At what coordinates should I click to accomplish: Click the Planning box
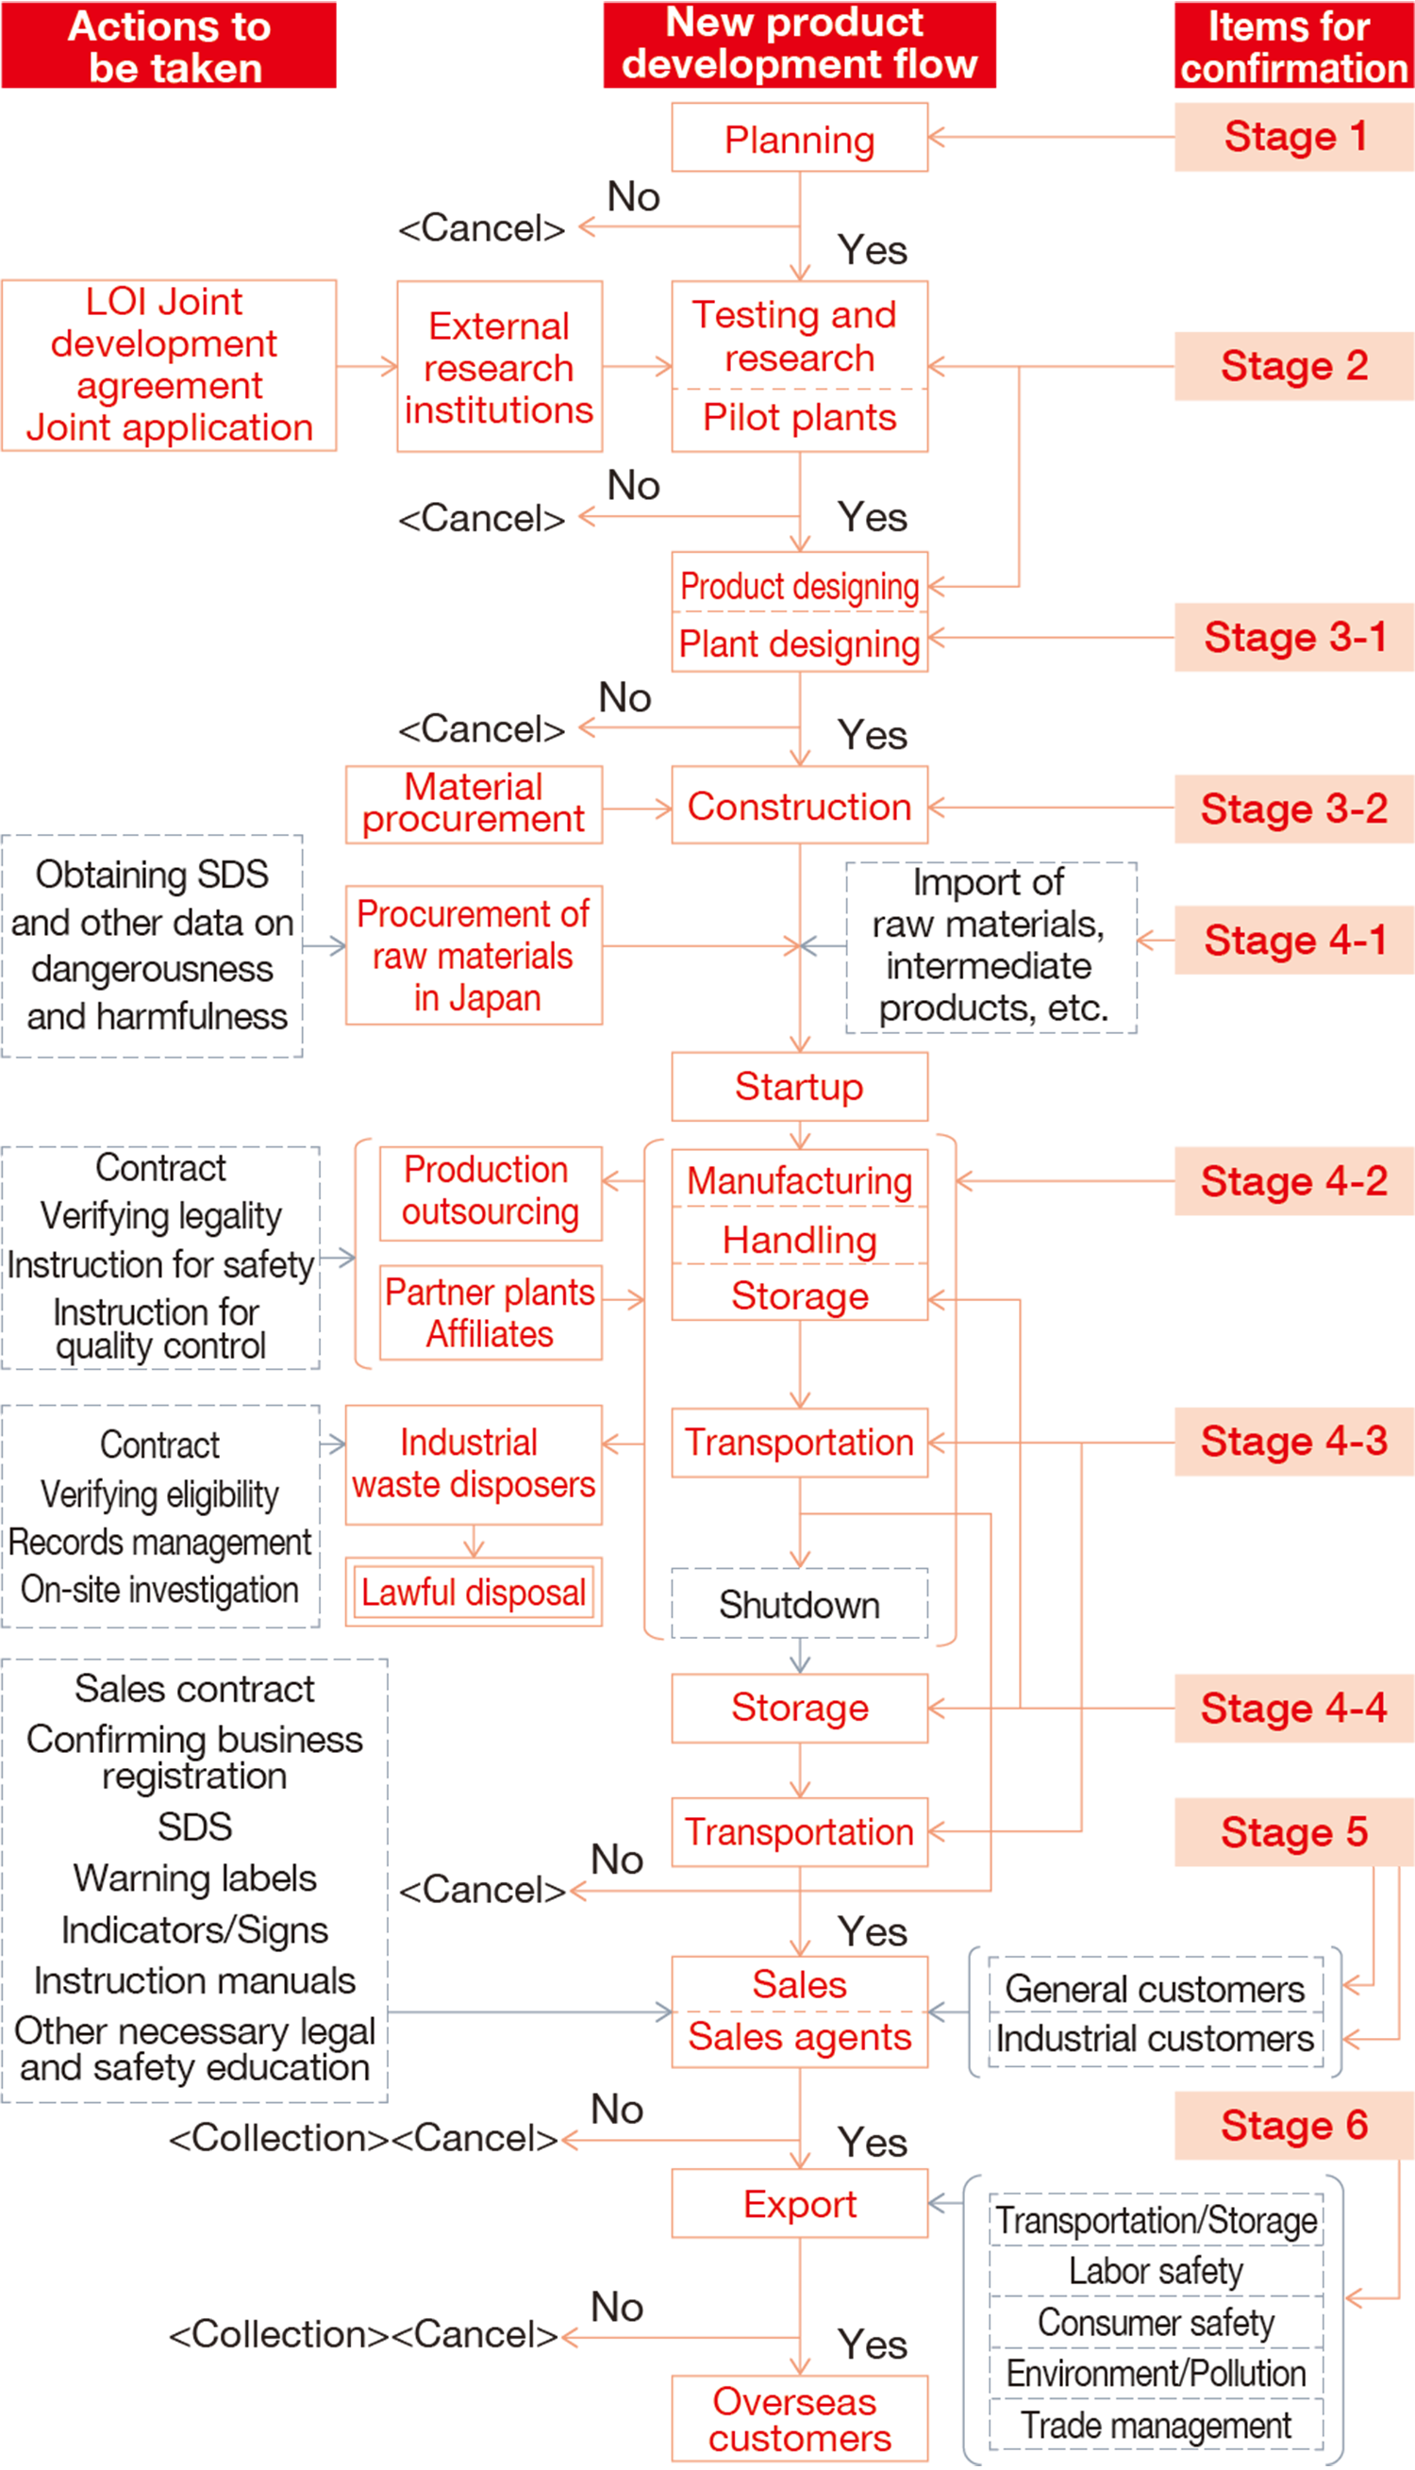point(799,139)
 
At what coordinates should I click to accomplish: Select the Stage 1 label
point(1294,137)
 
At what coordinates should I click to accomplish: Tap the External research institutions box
point(499,367)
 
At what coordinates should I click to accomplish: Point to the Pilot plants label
point(799,418)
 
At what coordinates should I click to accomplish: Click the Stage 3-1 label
point(1294,639)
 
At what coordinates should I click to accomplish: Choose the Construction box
point(799,807)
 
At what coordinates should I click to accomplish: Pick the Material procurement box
point(474,804)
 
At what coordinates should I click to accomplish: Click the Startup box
point(799,1086)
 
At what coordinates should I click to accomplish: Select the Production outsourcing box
point(490,1192)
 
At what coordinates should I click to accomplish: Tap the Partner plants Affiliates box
point(490,1312)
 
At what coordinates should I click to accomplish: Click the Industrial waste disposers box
point(474,1463)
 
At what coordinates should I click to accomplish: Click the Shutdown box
point(799,1604)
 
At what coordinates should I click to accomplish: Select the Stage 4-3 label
point(1294,1442)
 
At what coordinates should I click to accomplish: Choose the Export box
point(799,2205)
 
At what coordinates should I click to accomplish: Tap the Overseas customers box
point(799,2419)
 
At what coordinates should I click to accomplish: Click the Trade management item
point(1156,2427)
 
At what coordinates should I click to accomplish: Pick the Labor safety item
point(1156,2272)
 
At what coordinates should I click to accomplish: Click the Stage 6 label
point(1294,2126)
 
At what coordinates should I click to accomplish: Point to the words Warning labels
point(194,1878)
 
